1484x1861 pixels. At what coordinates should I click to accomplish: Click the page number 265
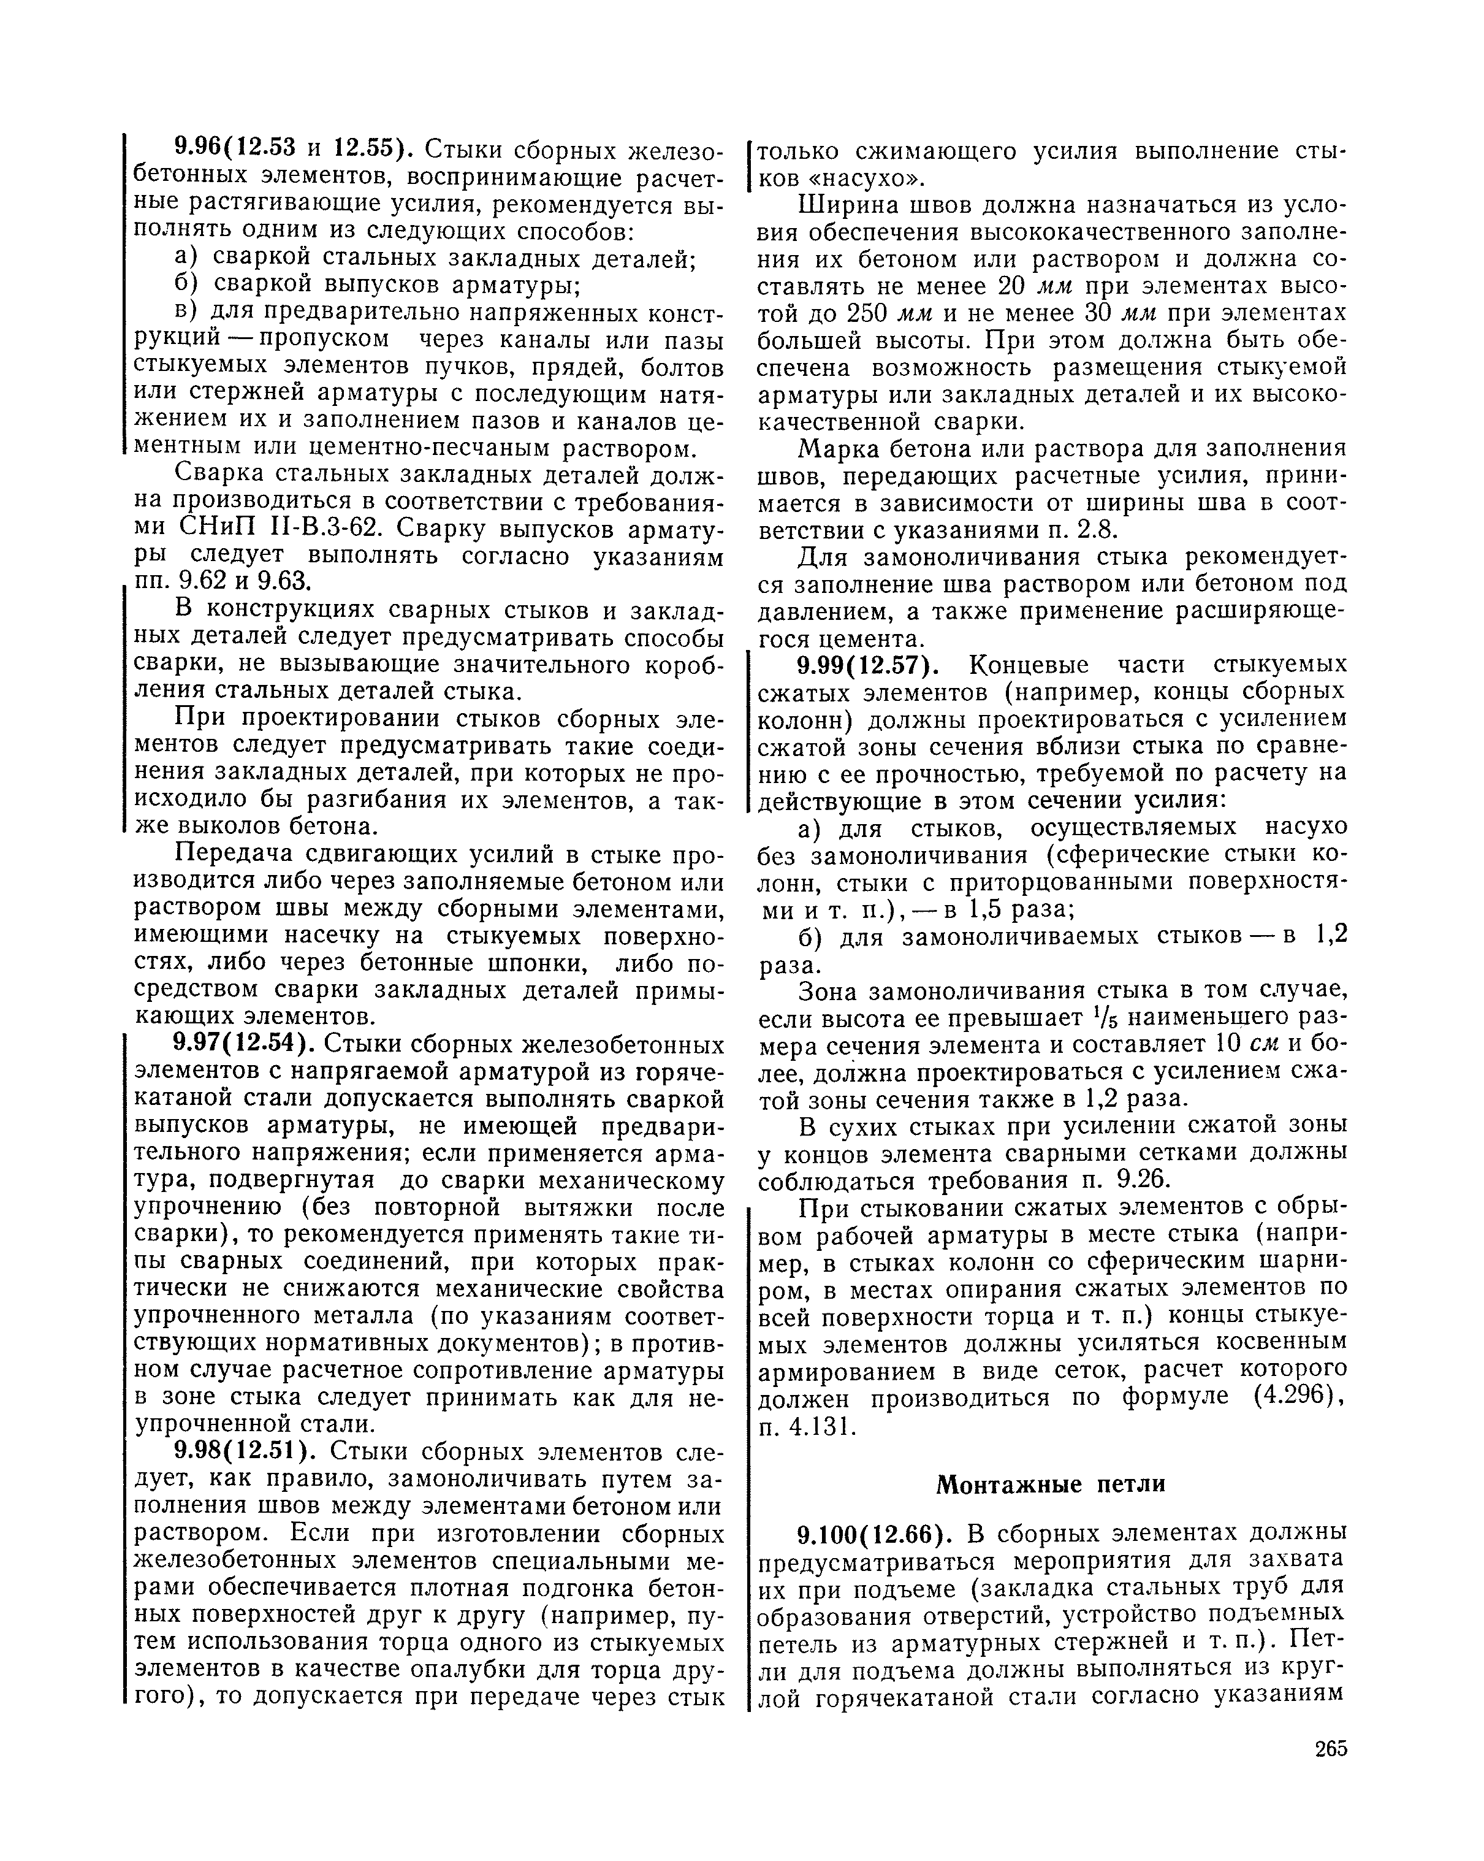tap(1330, 1748)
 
